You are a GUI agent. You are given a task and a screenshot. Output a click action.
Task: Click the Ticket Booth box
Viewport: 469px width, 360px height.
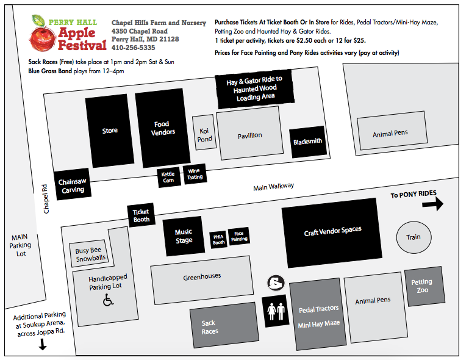click(x=141, y=215)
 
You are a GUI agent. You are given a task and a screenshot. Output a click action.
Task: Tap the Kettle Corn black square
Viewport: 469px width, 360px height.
click(x=168, y=177)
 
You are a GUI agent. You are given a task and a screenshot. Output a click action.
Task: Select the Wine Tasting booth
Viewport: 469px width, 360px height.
click(x=194, y=174)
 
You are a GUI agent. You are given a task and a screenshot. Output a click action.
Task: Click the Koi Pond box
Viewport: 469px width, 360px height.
click(x=205, y=134)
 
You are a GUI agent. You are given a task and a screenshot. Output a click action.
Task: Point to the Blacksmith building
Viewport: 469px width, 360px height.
click(x=307, y=142)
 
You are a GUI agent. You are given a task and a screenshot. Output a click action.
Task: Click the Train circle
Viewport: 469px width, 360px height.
click(x=414, y=237)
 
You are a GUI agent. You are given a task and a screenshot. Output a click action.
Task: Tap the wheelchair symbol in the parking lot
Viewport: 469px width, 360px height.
click(x=108, y=300)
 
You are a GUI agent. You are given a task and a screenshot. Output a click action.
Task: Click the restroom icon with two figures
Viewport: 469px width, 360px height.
click(x=276, y=311)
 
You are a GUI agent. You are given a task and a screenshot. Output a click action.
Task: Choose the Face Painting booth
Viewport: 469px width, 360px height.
click(x=239, y=237)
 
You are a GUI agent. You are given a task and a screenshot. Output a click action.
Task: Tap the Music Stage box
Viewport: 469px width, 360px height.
click(x=184, y=236)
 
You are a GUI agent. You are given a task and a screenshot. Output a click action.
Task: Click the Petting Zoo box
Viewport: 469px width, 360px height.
click(x=421, y=286)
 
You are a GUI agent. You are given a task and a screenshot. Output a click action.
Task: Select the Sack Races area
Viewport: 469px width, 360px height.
click(x=210, y=328)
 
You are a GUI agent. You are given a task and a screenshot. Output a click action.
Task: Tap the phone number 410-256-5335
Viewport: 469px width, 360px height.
click(x=133, y=47)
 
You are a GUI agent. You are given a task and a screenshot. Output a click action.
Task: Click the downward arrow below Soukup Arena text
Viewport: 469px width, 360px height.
click(x=43, y=345)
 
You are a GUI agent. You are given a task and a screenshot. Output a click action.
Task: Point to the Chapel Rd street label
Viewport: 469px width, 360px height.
click(x=45, y=199)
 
